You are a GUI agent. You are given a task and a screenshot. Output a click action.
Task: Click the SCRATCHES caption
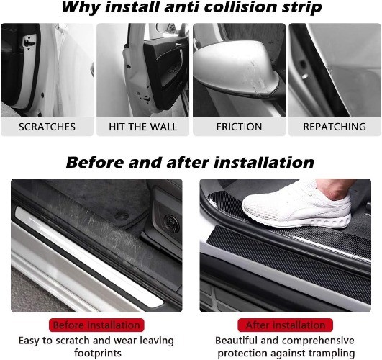tap(47, 127)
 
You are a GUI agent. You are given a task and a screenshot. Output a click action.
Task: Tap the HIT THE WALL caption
tap(142, 127)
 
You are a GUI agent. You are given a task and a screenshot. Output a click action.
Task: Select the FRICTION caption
tap(240, 127)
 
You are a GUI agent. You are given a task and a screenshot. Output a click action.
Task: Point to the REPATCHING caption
tap(335, 127)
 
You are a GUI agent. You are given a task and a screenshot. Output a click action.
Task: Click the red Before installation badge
tap(96, 325)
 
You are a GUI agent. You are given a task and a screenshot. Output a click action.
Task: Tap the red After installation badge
tap(286, 325)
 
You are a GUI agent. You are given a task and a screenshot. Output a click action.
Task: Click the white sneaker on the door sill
tap(296, 205)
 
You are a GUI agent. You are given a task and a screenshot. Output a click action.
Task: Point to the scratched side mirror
tap(237, 71)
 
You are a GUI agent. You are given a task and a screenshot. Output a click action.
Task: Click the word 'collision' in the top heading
tap(241, 7)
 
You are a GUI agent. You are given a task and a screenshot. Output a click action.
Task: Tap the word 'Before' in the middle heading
tap(95, 163)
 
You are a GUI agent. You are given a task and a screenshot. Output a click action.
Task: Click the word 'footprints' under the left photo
tap(97, 353)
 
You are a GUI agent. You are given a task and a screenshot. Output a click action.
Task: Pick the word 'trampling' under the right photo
tap(332, 354)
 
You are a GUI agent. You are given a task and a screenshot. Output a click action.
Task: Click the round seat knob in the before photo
tap(171, 223)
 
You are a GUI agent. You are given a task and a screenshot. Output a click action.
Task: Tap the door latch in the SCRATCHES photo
tap(29, 41)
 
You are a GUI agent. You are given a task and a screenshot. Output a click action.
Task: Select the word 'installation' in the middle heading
tap(264, 163)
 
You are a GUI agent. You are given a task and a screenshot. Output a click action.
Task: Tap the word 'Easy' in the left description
tap(29, 341)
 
